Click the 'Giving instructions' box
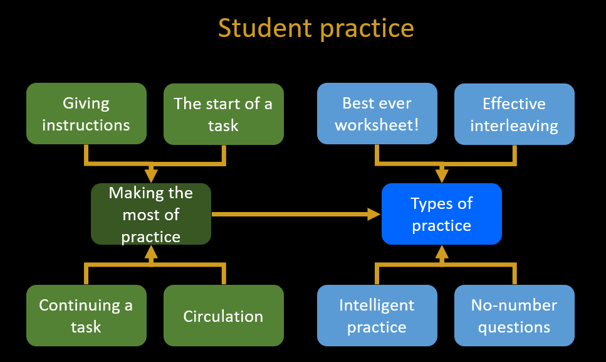coord(86,114)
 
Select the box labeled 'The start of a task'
coord(223,114)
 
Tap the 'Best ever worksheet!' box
coord(377,114)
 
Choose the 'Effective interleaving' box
coord(514,114)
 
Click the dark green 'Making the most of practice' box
coord(151,214)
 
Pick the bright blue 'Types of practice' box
coord(441,214)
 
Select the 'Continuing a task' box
coord(86,316)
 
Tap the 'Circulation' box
coord(223,316)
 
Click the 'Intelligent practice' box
coord(377,316)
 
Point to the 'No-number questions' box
coord(514,316)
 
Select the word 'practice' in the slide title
coord(367,29)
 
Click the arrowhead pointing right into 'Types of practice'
coord(374,214)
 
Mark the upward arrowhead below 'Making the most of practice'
coord(151,252)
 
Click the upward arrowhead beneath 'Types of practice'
coord(441,252)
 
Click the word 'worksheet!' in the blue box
coord(377,125)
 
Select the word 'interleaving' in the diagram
coord(514,126)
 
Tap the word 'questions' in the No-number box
coord(514,327)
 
